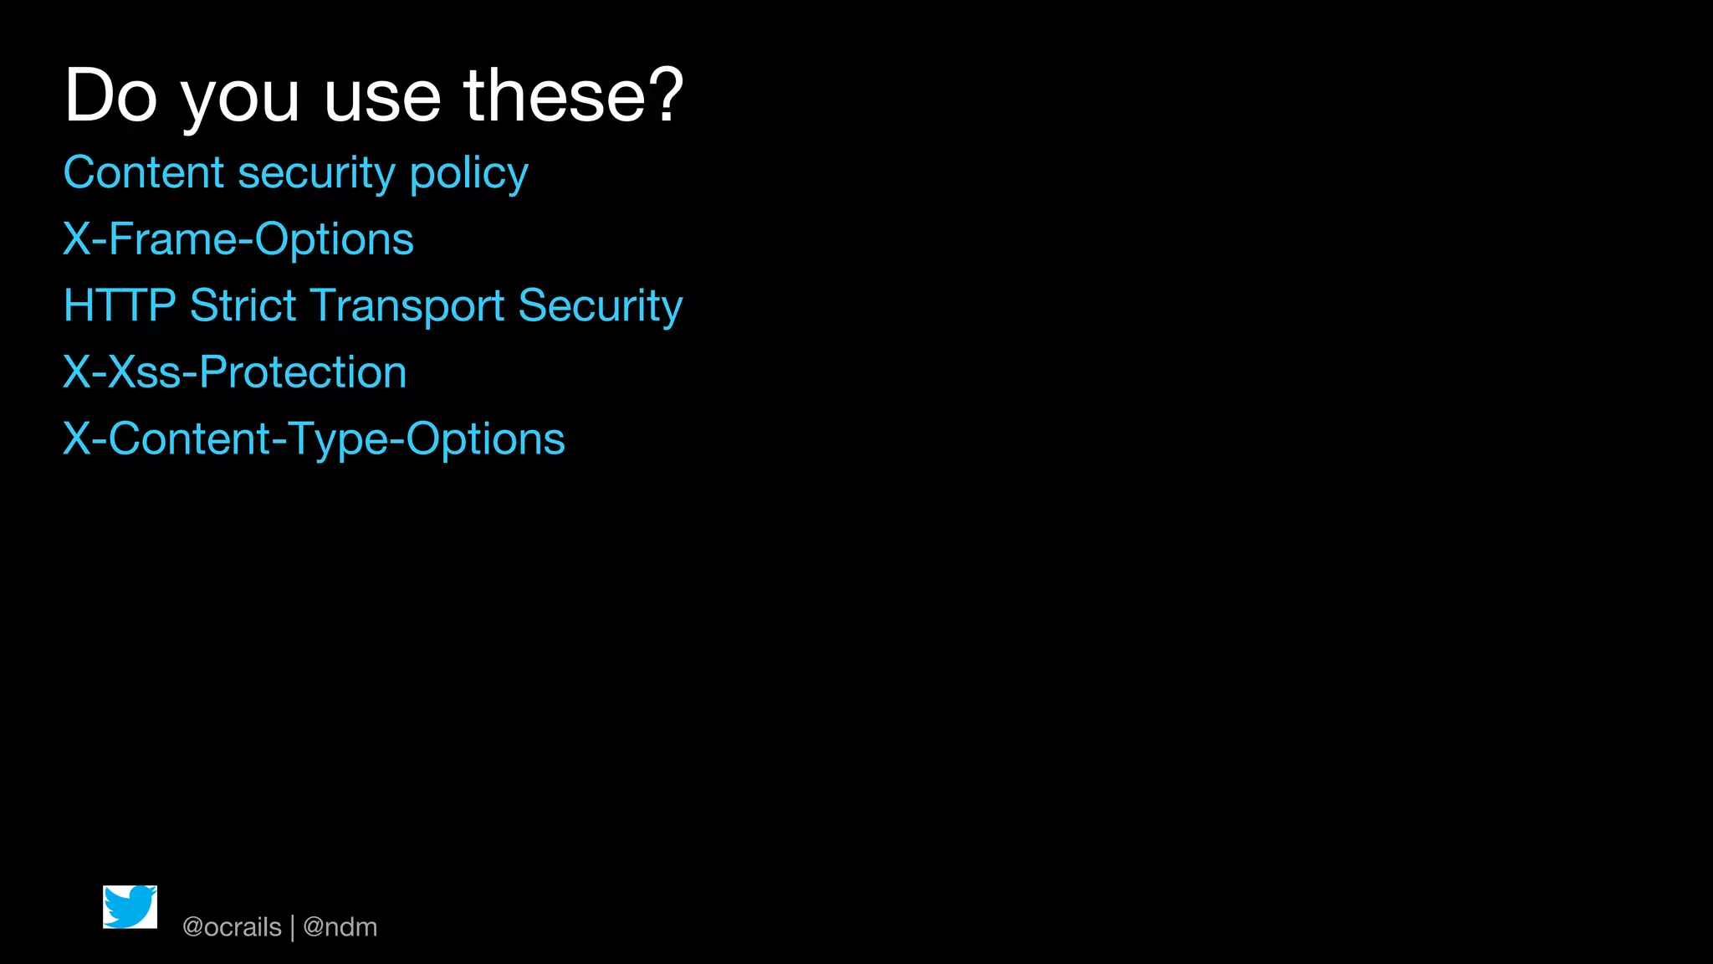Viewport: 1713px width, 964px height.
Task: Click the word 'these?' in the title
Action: (574, 95)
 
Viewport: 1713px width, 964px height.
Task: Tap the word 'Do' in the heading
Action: (110, 95)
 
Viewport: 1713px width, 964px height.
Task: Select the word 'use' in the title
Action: (382, 99)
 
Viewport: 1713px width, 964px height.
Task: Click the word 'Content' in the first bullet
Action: (144, 172)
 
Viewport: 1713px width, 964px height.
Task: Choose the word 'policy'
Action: (468, 174)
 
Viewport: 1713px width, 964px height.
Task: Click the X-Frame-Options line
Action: (238, 239)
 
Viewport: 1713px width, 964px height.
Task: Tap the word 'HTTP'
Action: (120, 305)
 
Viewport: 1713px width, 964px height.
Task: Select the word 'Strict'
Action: (243, 305)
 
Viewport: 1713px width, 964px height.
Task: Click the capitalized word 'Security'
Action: (600, 306)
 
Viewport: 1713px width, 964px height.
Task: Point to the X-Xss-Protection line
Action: (235, 372)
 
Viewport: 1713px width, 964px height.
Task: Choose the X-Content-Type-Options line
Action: (314, 439)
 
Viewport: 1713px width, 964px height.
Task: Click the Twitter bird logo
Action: (130, 907)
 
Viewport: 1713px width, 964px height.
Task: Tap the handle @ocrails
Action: (232, 927)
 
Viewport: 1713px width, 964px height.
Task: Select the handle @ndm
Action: (340, 927)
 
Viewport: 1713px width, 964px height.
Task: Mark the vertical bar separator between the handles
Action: (292, 928)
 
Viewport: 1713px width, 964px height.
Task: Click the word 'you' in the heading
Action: (240, 99)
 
